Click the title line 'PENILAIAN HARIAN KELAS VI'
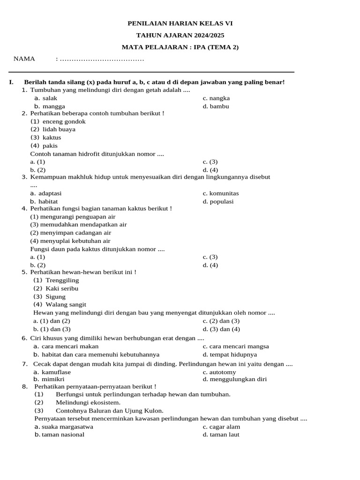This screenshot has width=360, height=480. (180, 23)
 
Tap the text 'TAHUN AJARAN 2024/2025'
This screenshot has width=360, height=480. (180, 35)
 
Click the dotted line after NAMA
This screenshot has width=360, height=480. (102, 59)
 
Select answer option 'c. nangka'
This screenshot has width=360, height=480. (216, 98)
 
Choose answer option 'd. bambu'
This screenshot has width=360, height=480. (216, 106)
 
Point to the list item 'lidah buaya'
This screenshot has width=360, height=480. (59, 129)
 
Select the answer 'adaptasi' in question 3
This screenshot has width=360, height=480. (50, 193)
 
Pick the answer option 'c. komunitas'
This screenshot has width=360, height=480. (220, 193)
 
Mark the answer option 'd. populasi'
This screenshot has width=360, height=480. (218, 202)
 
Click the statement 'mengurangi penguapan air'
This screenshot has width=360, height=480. (73, 217)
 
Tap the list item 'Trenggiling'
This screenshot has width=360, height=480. (62, 280)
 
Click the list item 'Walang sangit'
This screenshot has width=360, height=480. (66, 305)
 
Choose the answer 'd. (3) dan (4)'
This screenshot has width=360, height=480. (221, 329)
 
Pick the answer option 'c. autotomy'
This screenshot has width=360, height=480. (219, 372)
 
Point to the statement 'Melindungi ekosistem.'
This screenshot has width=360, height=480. (88, 402)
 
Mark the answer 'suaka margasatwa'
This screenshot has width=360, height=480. (67, 427)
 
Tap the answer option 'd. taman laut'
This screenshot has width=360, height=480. (221, 435)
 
